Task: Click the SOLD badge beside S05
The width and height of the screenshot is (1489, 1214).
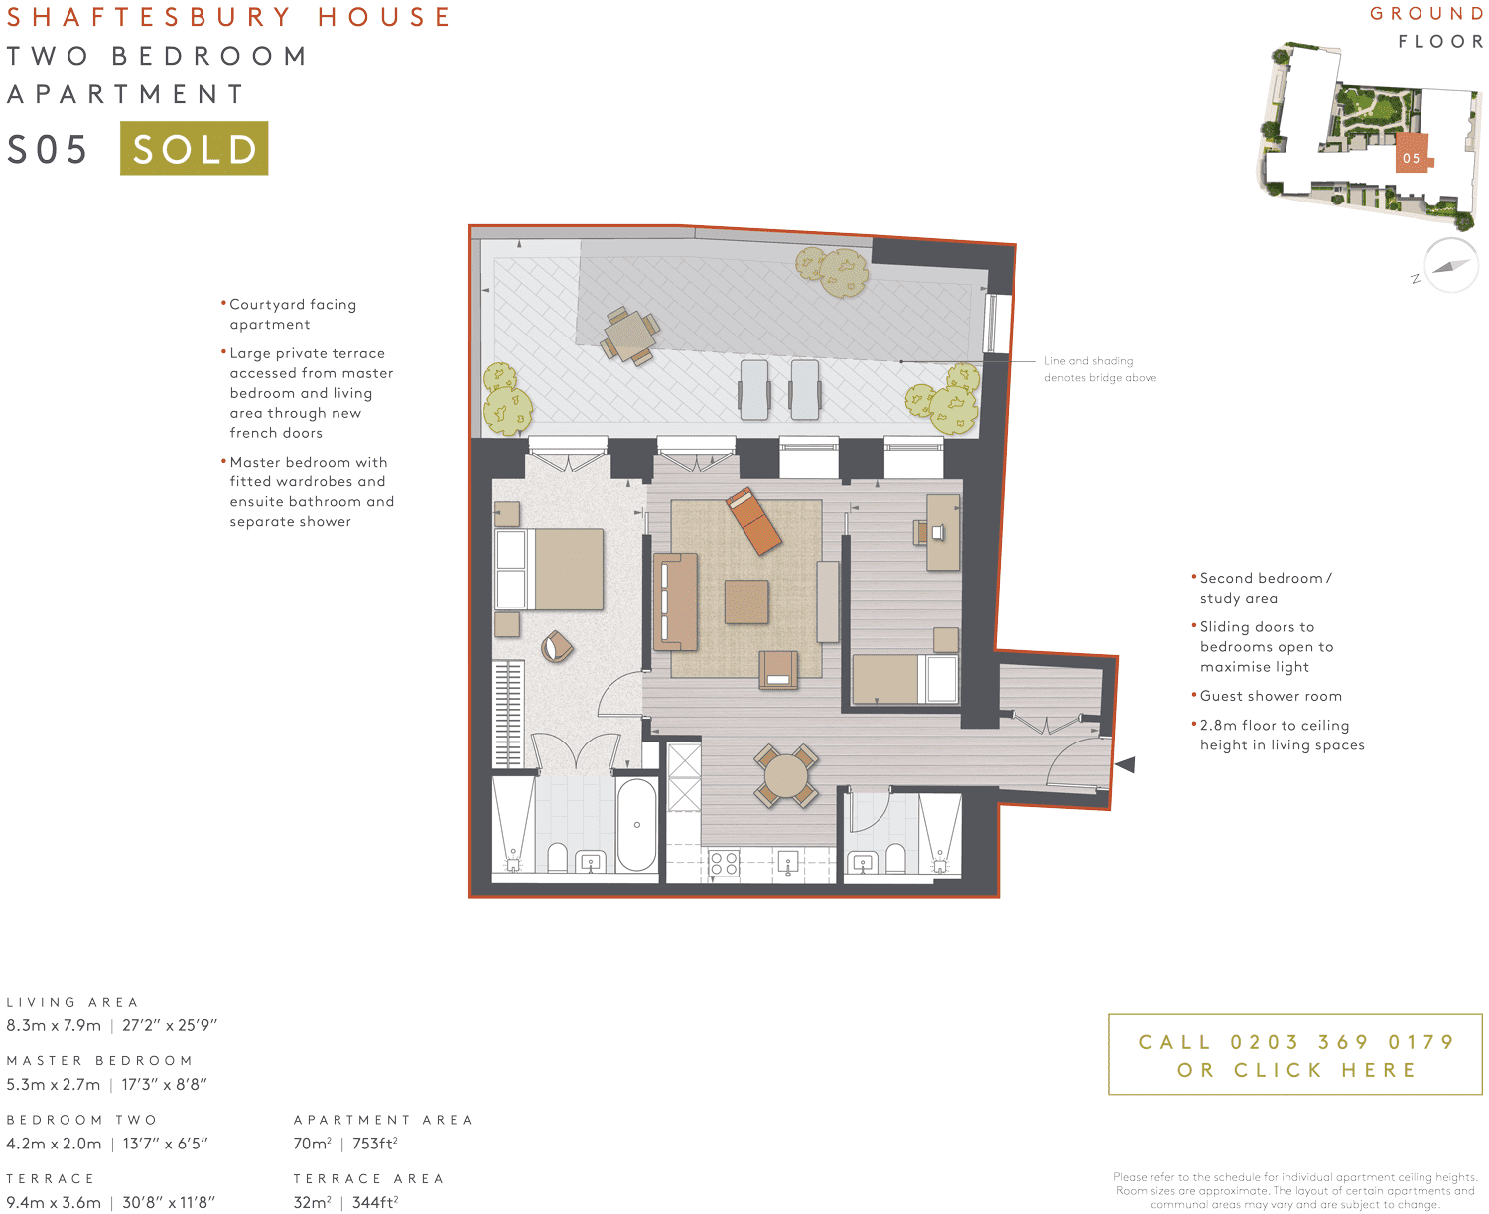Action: pyautogui.click(x=194, y=149)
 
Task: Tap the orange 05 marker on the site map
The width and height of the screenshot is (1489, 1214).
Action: pyautogui.click(x=1411, y=157)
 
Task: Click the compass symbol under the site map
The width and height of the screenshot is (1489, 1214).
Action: pyautogui.click(x=1450, y=265)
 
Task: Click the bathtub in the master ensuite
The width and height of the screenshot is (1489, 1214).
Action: pyautogui.click(x=636, y=824)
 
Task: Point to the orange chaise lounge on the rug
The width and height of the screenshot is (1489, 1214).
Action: pyautogui.click(x=753, y=521)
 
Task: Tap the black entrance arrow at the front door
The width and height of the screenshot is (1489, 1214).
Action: pyautogui.click(x=1125, y=764)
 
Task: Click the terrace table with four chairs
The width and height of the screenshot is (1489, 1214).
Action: pyautogui.click(x=628, y=335)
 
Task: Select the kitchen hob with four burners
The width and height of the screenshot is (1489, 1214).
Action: pyautogui.click(x=724, y=863)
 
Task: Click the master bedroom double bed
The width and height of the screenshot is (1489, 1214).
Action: pyautogui.click(x=551, y=569)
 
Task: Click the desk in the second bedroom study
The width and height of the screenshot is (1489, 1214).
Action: pyautogui.click(x=942, y=533)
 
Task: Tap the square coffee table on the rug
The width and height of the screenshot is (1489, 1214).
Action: pyautogui.click(x=746, y=602)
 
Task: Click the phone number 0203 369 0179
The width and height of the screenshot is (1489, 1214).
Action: pyautogui.click(x=1341, y=1042)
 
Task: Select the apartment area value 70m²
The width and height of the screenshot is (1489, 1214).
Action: pyautogui.click(x=312, y=1144)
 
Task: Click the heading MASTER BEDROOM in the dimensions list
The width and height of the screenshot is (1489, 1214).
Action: pyautogui.click(x=99, y=1060)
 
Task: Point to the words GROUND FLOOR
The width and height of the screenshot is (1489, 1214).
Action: pyautogui.click(x=1427, y=27)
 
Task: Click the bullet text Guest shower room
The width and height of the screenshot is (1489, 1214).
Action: pyautogui.click(x=1270, y=696)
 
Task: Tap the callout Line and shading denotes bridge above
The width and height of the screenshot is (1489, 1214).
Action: pyautogui.click(x=1099, y=369)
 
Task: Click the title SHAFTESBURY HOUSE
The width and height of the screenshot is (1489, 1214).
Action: pyautogui.click(x=228, y=17)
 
